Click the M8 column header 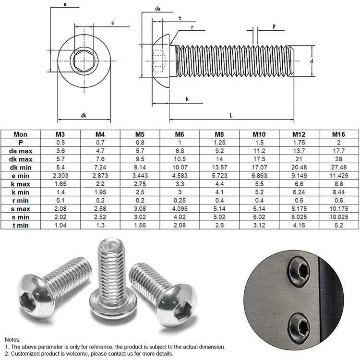[219, 134]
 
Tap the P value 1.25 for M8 [219, 143]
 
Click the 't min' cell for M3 [60, 225]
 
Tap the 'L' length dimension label [231, 115]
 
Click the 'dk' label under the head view [84, 115]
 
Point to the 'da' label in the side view [157, 9]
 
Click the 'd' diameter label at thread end [312, 61]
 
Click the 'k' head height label [187, 99]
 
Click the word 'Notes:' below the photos [13, 339]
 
